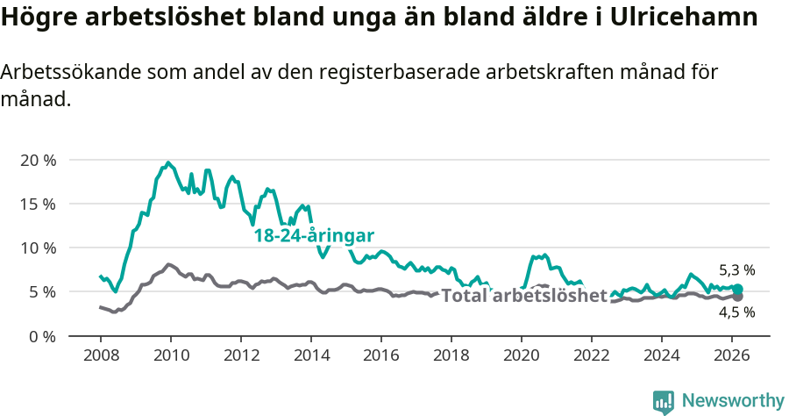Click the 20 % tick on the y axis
point(38,160)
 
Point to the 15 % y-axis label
point(38,204)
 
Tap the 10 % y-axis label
point(38,247)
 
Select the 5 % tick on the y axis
point(42,291)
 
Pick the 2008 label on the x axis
point(100,355)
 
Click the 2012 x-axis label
point(240,355)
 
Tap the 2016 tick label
point(381,355)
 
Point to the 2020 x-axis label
point(522,355)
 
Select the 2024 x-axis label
point(662,355)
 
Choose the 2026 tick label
point(732,355)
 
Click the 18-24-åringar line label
point(314,236)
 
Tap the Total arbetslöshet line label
point(523,296)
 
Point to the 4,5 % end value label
point(736,312)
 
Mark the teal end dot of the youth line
point(737,289)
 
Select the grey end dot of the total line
point(737,297)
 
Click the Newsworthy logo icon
point(664,402)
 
